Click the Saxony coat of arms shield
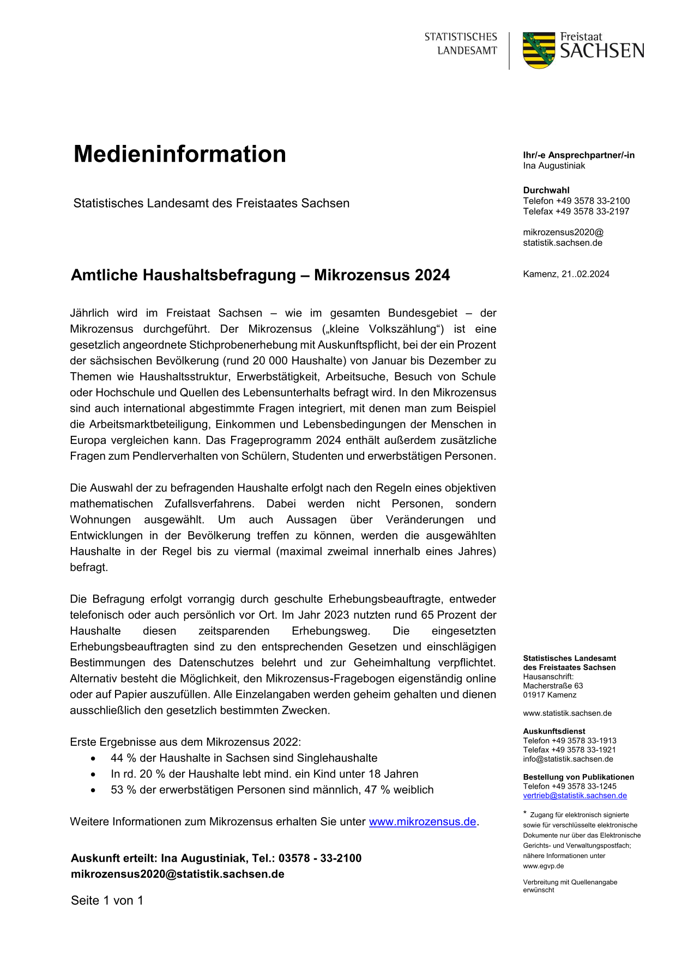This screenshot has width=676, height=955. click(539, 50)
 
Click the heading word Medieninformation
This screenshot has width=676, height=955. click(180, 154)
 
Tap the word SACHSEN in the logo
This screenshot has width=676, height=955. click(602, 51)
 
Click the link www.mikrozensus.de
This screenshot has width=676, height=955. click(422, 822)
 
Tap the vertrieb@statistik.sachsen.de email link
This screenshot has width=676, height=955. click(575, 795)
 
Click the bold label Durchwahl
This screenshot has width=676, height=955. click(546, 190)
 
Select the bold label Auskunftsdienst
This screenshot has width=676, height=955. click(554, 731)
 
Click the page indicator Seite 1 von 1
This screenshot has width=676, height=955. click(107, 901)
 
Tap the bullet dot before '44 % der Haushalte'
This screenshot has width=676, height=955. click(94, 758)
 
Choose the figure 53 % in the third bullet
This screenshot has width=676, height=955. click(123, 790)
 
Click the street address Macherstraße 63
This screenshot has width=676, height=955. click(553, 686)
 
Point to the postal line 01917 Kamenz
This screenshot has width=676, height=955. click(550, 695)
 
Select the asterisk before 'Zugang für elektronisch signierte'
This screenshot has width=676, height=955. click(525, 813)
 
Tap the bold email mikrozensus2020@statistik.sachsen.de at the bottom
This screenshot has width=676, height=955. click(178, 874)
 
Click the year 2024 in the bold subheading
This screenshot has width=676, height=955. click(432, 275)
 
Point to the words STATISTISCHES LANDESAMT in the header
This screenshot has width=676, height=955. click(461, 44)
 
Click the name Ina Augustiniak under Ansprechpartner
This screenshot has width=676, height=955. click(554, 166)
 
